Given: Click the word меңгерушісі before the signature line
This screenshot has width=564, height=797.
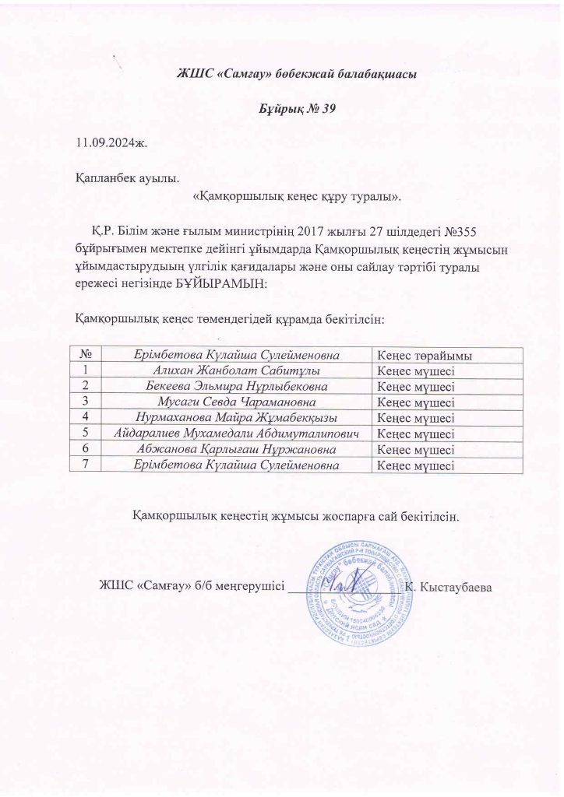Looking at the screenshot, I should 242,585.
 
